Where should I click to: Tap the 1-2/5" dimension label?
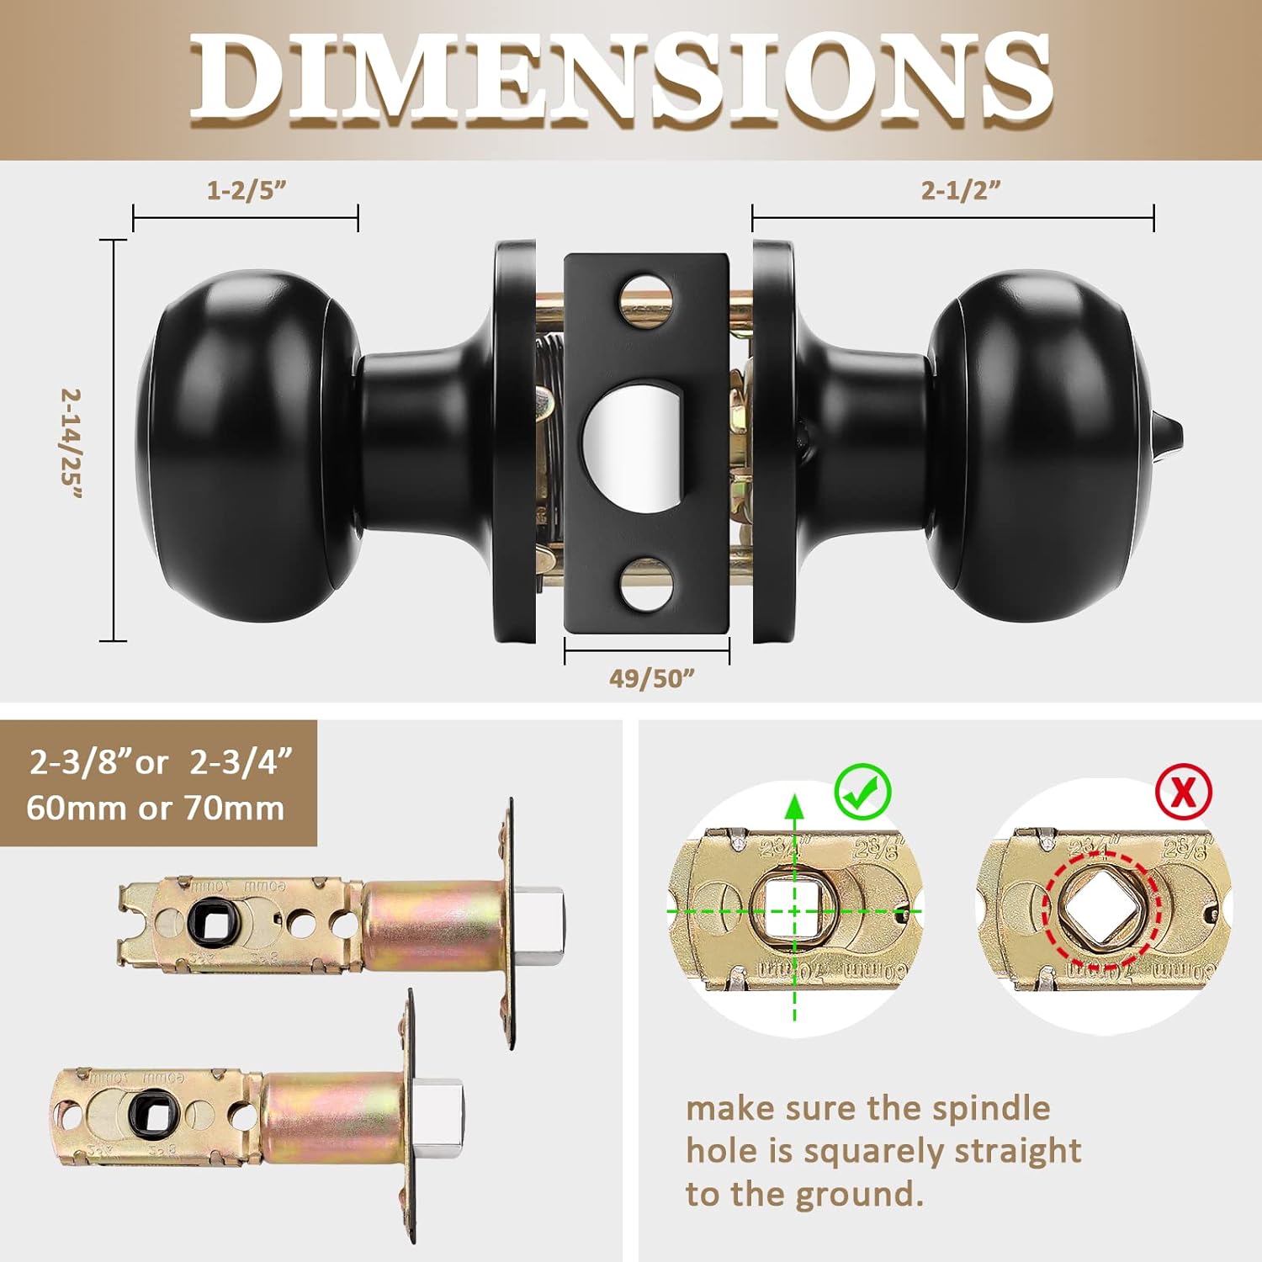coord(247,190)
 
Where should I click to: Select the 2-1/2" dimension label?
coord(961,190)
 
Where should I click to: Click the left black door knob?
coord(244,446)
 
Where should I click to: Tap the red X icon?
coord(1183,792)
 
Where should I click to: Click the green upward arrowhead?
coord(794,804)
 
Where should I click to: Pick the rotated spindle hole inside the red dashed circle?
coord(1100,909)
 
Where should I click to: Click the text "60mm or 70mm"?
coord(156,809)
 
